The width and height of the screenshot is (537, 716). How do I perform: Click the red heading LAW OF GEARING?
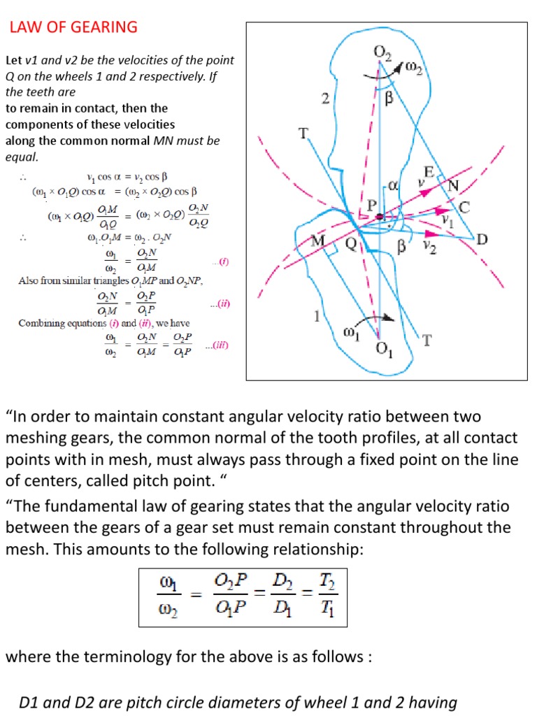click(73, 27)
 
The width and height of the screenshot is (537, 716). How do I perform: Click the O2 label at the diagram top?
click(382, 53)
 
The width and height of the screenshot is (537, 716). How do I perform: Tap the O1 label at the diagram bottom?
click(384, 350)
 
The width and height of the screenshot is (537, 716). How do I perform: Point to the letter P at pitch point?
click(372, 206)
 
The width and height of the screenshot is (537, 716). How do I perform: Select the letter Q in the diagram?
click(351, 244)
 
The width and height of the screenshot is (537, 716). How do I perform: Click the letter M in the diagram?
click(318, 241)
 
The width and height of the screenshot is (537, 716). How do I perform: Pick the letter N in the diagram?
click(453, 186)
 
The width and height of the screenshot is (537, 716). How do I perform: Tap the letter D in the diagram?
click(482, 239)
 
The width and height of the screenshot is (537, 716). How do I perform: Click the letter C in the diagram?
click(464, 208)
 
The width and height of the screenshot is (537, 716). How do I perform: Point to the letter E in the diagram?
click(429, 172)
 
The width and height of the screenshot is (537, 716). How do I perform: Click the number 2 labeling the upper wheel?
click(325, 98)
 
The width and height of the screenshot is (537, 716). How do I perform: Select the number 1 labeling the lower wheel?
click(317, 316)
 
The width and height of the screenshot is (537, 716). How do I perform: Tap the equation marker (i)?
click(223, 262)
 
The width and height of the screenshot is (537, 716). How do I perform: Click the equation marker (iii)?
click(217, 345)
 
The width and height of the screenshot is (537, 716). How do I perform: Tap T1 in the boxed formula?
click(327, 608)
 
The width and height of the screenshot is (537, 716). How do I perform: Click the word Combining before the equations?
click(40, 324)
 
